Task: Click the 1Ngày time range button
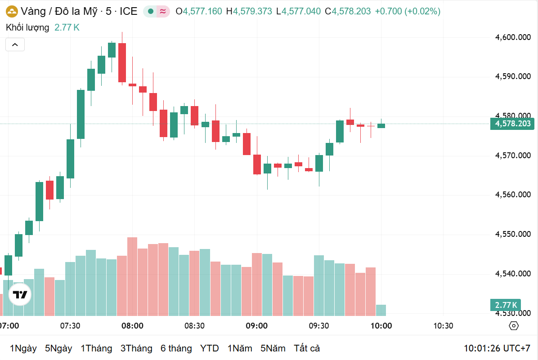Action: [x=23, y=348]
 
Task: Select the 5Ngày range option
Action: [x=58, y=348]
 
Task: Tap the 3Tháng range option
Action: [x=136, y=348]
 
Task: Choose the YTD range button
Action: [x=210, y=348]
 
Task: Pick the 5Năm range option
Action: [x=273, y=348]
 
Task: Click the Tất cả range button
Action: [x=307, y=348]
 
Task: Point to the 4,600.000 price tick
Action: [x=513, y=38]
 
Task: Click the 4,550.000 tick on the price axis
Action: [x=513, y=234]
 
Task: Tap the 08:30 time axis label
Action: [x=194, y=326]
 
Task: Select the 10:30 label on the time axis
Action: [x=443, y=326]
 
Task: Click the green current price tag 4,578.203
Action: [x=512, y=124]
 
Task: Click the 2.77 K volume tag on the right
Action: [x=506, y=306]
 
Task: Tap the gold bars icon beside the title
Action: [x=12, y=11]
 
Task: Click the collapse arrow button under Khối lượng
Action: [x=15, y=44]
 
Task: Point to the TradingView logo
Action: [x=20, y=295]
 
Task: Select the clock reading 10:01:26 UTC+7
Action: [x=497, y=348]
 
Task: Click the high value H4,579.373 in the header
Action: [x=249, y=11]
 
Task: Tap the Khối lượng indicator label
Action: [x=27, y=27]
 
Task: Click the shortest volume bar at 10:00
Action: [x=381, y=310]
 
